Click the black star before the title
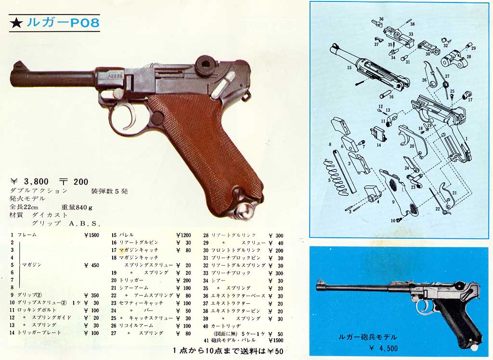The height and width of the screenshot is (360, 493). pos(16,23)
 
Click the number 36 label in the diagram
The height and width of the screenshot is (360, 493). pos(381,19)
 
